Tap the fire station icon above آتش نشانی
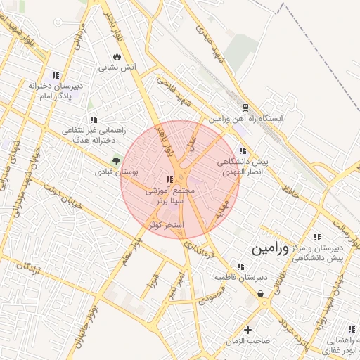117,56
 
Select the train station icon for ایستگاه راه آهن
245,107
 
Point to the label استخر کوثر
166,225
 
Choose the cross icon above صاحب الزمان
247,330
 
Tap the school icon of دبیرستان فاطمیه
241,266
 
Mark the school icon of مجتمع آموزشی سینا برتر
169,179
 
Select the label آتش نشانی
116,68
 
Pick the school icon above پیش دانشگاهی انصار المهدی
243,150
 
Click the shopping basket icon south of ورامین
261,294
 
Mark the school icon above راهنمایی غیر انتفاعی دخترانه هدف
94,120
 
